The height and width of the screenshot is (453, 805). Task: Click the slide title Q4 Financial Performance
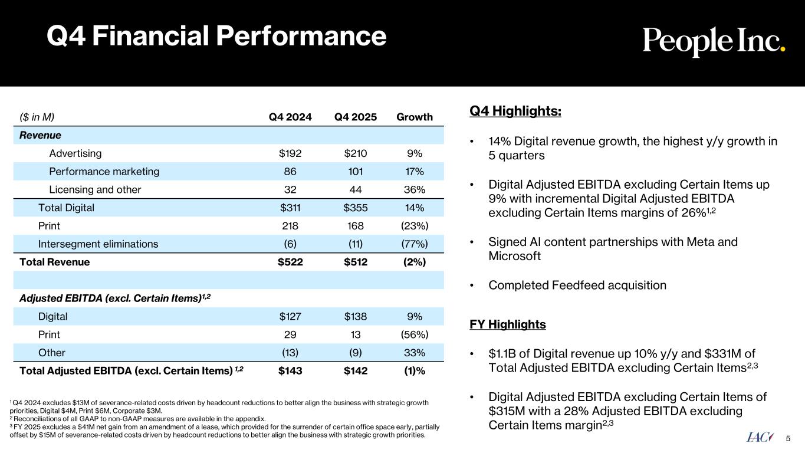coord(216,37)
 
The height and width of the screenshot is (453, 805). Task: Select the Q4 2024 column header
coord(290,117)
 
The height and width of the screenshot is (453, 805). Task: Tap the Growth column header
coord(414,117)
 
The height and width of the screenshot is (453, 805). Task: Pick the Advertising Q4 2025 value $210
coord(355,153)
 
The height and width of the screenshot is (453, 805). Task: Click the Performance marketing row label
coord(104,172)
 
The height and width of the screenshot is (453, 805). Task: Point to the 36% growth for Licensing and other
coord(414,190)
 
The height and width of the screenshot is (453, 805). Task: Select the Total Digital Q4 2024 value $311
coord(290,208)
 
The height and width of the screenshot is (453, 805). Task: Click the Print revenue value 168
coord(355,226)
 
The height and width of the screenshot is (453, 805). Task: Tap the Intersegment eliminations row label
coord(98,244)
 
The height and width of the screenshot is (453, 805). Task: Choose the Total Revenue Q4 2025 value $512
coord(355,262)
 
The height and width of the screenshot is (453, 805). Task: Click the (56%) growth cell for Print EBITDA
coord(414,334)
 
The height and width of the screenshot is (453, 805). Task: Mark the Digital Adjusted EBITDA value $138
coord(355,316)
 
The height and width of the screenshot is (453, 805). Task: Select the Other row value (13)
coord(290,353)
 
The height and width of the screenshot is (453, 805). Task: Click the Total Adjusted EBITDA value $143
coord(290,371)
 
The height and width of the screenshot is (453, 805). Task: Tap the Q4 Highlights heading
coord(515,111)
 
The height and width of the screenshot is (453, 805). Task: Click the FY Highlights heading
coord(507,324)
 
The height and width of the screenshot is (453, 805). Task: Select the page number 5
coord(788,438)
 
